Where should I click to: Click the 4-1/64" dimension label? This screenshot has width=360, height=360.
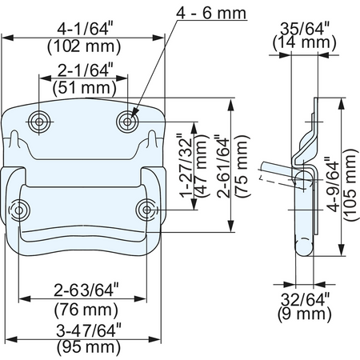click(x=84, y=29)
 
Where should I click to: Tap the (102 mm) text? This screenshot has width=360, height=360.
click(x=84, y=46)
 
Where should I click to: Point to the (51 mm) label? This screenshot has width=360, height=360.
click(x=85, y=87)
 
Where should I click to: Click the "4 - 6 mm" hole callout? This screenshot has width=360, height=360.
click(x=211, y=14)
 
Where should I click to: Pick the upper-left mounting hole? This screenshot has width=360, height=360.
click(x=39, y=122)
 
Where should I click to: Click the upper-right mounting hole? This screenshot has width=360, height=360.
click(x=127, y=122)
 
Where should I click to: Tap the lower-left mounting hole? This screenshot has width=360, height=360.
click(x=19, y=210)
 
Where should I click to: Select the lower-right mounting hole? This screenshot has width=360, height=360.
click(x=146, y=210)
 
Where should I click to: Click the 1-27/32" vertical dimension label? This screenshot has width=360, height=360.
click(x=186, y=168)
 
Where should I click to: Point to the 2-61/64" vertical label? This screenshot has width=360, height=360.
click(x=223, y=167)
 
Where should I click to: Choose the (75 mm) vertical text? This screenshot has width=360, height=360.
click(x=242, y=166)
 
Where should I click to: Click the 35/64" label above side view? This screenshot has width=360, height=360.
click(x=305, y=28)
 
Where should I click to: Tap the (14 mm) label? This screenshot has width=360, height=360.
click(x=305, y=42)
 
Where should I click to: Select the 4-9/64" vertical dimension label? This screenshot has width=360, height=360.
click(x=333, y=186)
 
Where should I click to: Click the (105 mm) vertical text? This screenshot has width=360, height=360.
click(x=350, y=185)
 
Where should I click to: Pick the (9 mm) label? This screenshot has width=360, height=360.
click(x=305, y=314)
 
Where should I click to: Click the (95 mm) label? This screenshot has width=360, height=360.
click(x=89, y=347)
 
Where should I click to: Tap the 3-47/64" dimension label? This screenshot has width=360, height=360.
click(x=89, y=331)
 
